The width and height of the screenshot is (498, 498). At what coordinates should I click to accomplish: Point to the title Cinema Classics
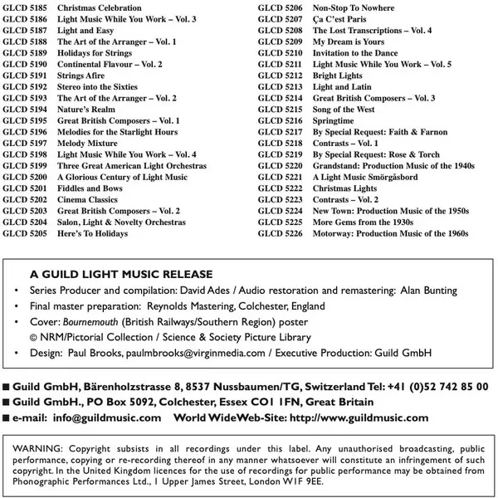[x=87, y=200]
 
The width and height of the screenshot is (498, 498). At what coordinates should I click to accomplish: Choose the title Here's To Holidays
[x=93, y=234]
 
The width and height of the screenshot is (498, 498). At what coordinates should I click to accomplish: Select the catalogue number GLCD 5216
[x=280, y=121]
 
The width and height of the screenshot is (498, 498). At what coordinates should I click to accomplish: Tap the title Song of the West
[x=344, y=110]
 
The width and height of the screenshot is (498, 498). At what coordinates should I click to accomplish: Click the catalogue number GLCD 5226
[x=280, y=234]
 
